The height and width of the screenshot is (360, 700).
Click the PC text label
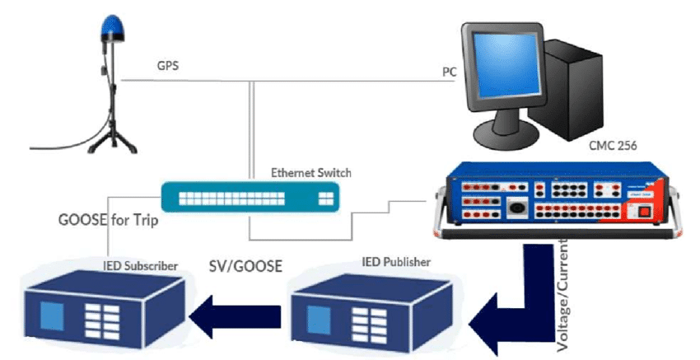(450, 72)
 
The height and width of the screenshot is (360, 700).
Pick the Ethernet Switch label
(310, 173)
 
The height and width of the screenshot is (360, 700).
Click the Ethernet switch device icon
(250, 198)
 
